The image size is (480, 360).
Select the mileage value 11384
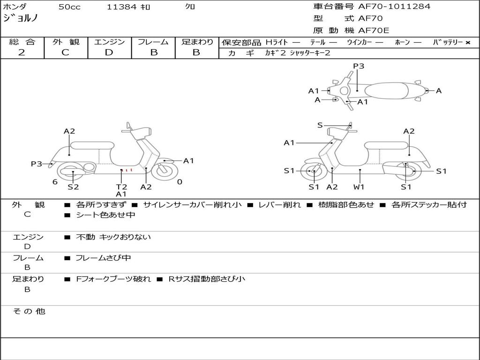pos(121,7)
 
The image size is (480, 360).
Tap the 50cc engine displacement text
pos(69,7)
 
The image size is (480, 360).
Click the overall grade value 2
pos(22,52)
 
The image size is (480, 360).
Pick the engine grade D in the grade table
pos(109,52)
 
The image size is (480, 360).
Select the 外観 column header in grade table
pos(66,42)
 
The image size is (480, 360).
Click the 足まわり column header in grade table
pos(197,42)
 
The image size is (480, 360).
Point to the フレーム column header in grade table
pos(153,42)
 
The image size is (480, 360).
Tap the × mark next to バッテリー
pos(467,43)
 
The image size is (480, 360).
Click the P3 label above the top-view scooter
pos(359,66)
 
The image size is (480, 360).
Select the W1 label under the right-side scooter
pos(359,187)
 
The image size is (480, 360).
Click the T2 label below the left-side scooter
pos(121,187)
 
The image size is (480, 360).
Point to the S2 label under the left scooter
pos(73,187)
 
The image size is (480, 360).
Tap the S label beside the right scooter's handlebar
pos(320,125)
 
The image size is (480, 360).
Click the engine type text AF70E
pos(374,30)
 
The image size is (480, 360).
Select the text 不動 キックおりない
pos(113,237)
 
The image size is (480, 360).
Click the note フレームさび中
pos(103,258)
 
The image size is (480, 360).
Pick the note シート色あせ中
pos(105,215)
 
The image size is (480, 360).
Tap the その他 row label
pos(29,311)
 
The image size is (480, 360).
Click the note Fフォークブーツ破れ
pos(113,279)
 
